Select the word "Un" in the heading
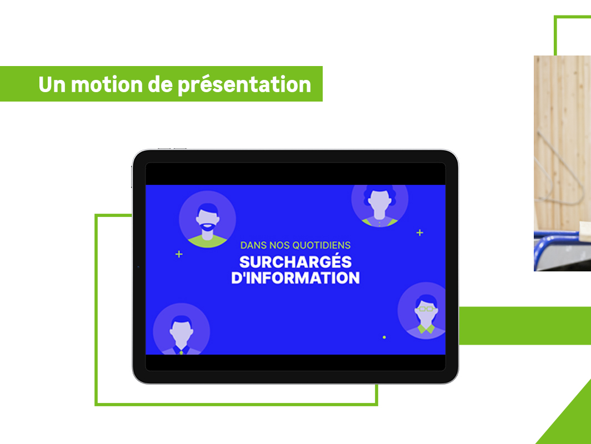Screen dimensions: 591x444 coord(52,84)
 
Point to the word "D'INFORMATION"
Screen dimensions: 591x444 coord(295,278)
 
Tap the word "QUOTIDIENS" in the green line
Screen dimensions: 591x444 coord(322,245)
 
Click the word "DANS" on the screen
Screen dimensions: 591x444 coord(254,245)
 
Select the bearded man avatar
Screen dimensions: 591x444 coord(208,219)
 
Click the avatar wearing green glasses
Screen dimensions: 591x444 coord(422,311)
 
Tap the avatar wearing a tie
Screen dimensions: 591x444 coord(181,329)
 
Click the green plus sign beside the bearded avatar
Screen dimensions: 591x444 coord(179,255)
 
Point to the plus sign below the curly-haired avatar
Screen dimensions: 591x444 coord(420,233)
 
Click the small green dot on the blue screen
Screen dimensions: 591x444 coord(384,337)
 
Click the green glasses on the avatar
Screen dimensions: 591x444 coord(426,309)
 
